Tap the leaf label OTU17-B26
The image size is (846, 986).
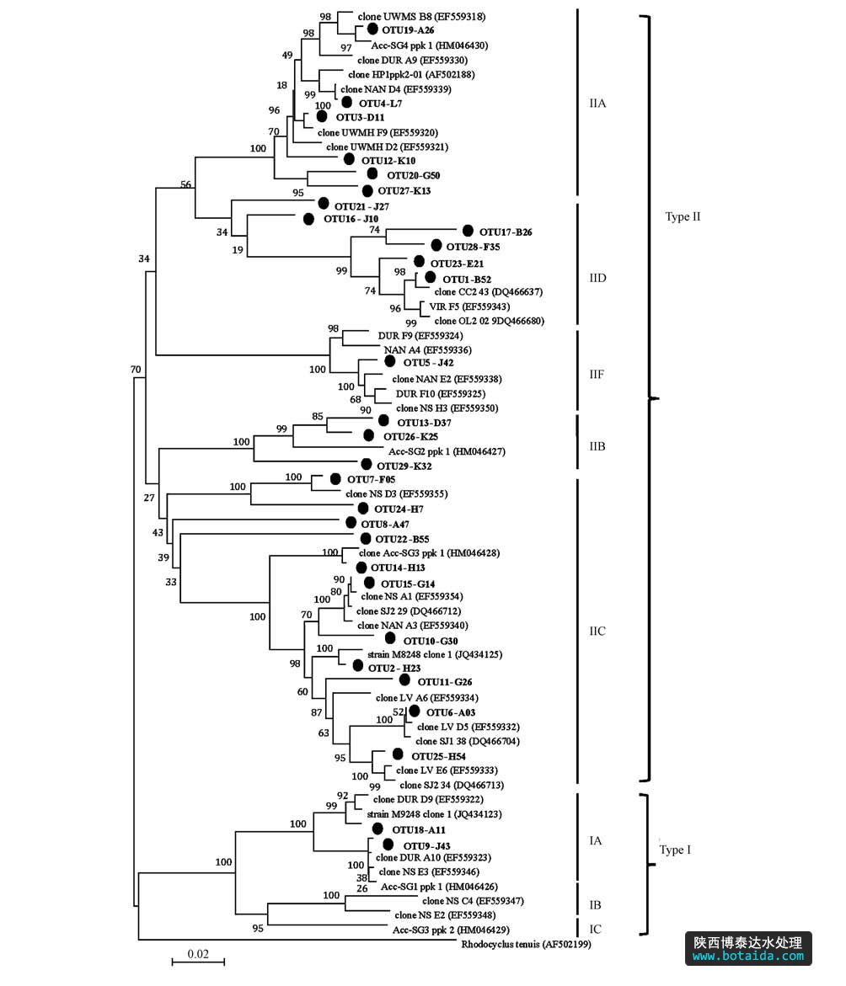click(x=506, y=232)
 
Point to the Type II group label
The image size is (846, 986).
click(x=683, y=216)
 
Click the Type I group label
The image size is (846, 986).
click(x=675, y=850)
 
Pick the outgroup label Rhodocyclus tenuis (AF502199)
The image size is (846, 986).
click(x=526, y=944)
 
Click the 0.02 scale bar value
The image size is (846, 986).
click(x=198, y=954)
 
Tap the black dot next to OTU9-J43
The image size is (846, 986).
click(x=388, y=844)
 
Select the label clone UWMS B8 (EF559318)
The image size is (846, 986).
click(x=410, y=16)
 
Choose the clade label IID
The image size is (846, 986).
click(x=598, y=278)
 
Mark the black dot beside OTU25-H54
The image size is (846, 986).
click(x=397, y=754)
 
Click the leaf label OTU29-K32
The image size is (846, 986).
click(x=404, y=466)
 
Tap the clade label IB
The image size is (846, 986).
click(x=595, y=905)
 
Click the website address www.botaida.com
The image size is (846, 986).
click(x=748, y=957)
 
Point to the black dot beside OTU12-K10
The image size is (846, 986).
click(x=349, y=158)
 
